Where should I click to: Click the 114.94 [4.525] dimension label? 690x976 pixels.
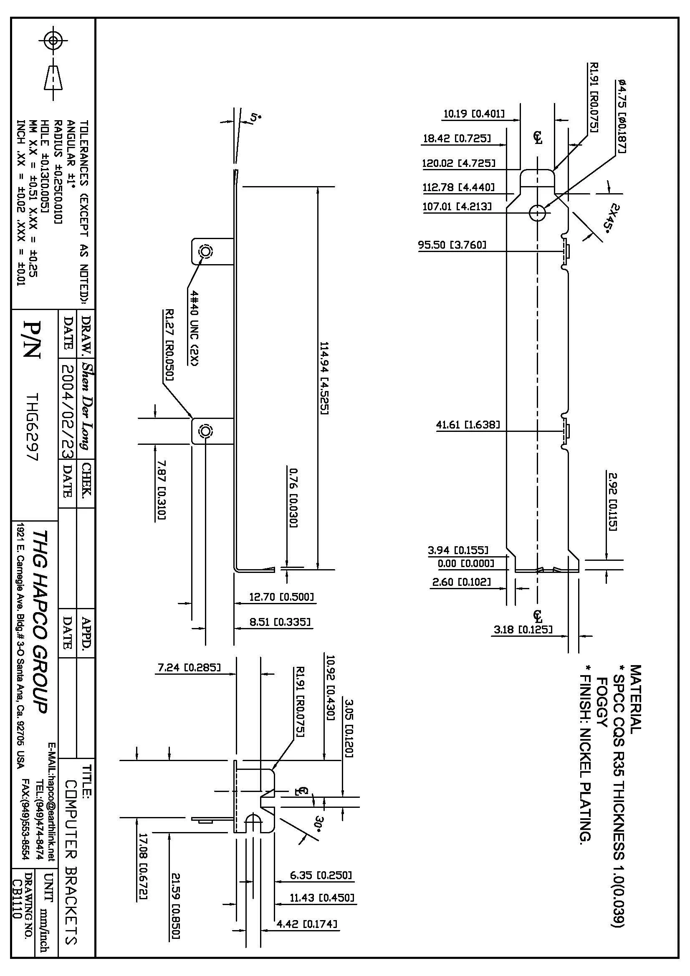pos(324,378)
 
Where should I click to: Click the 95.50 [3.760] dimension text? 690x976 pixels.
pos(452,245)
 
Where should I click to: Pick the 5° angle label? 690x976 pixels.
pos(255,118)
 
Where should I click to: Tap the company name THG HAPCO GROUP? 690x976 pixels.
pos(41,621)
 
